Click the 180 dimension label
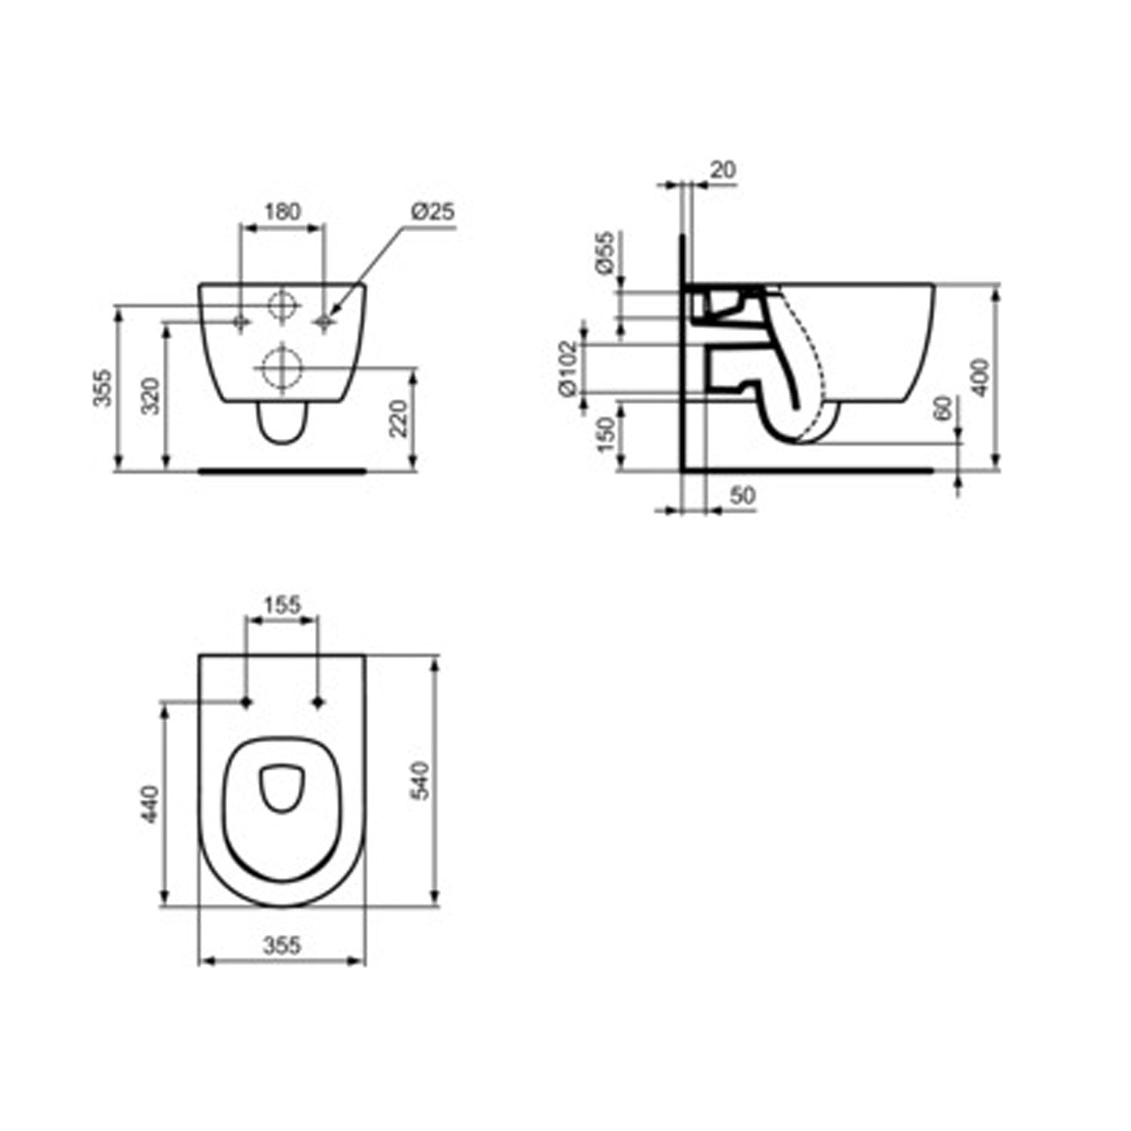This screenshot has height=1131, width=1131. (283, 212)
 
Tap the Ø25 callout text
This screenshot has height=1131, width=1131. (433, 212)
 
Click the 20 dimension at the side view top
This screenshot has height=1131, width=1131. (722, 170)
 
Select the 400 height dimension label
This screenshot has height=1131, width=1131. (980, 377)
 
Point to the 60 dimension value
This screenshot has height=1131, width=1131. (942, 409)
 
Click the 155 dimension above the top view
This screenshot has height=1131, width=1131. (282, 604)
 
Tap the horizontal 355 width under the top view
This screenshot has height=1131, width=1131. (282, 944)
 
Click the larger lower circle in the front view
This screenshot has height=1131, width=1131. (282, 369)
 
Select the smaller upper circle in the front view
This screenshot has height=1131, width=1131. (282, 305)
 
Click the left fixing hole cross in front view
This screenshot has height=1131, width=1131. (241, 323)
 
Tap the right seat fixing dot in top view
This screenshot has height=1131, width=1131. (317, 703)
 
